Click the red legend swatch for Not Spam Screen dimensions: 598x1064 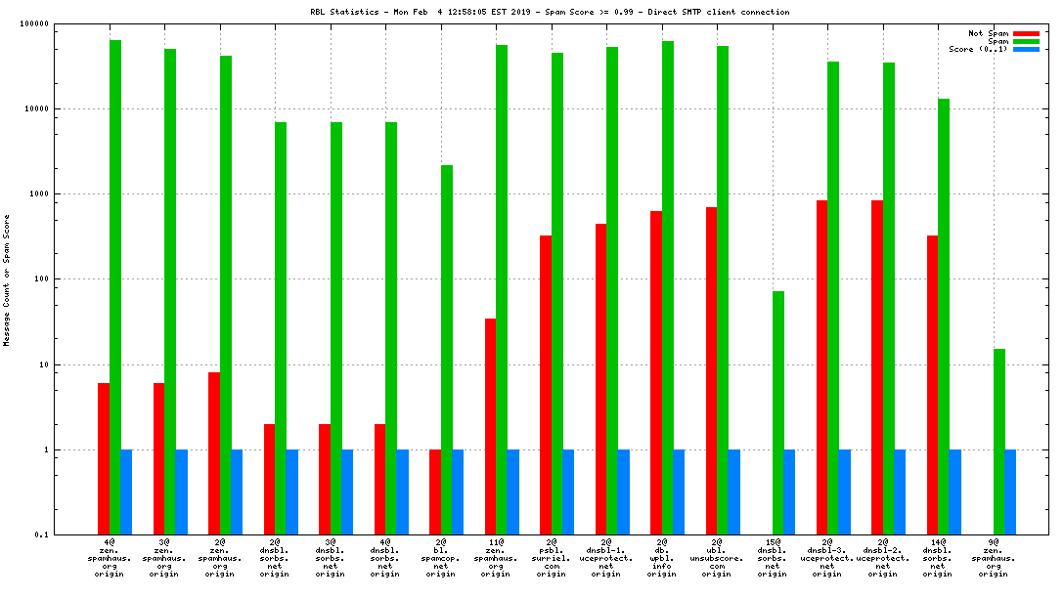(1026, 33)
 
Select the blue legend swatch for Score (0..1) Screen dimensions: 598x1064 (1026, 49)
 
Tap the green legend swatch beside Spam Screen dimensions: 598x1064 (1026, 41)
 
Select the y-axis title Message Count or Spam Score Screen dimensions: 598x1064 (7, 279)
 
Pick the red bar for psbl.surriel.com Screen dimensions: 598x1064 (546, 385)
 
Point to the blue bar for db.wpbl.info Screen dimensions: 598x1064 (679, 492)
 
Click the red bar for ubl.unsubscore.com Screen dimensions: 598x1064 (711, 371)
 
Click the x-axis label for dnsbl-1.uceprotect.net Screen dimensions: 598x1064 (606, 558)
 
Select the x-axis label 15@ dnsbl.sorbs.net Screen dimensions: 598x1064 (773, 558)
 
